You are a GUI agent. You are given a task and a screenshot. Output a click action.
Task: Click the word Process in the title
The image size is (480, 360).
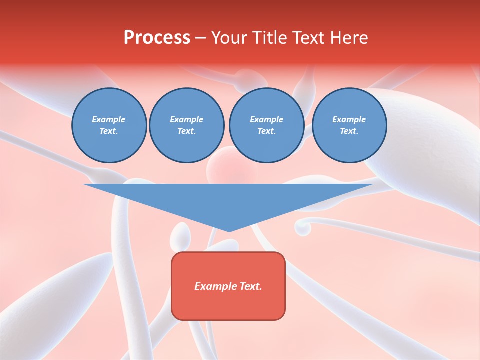157,38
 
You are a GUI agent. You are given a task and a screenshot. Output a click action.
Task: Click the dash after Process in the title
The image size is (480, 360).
200,39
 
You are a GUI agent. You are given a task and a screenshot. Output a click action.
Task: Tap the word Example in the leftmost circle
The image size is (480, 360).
109,119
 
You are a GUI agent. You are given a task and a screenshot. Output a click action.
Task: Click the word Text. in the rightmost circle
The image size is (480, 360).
349,131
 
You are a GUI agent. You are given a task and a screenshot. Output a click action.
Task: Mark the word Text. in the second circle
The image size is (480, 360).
186,131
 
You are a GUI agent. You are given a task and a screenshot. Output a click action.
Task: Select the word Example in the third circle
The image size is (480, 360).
266,119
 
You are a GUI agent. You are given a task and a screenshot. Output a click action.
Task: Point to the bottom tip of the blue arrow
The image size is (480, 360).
228,231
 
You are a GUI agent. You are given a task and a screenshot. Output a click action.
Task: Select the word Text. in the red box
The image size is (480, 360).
249,286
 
